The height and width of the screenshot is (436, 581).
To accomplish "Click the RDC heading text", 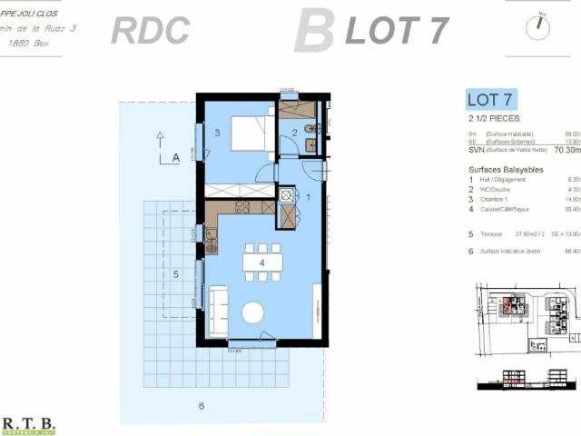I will click(x=150, y=30).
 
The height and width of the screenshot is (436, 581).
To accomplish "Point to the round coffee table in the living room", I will click(x=252, y=312).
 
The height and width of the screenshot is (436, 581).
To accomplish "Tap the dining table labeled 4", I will click(x=262, y=263).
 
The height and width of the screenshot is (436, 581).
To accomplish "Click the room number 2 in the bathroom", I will click(x=294, y=134).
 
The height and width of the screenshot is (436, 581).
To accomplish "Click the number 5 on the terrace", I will click(x=176, y=272).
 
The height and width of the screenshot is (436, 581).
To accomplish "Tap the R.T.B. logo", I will click(x=29, y=424).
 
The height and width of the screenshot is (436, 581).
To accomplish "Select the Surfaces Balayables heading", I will click(x=506, y=170).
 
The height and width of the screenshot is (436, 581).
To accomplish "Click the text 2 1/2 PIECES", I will click(x=493, y=118).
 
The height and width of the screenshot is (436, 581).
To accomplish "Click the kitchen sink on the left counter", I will click(x=211, y=243).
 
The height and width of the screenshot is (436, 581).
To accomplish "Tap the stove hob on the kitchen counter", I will click(x=242, y=207).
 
